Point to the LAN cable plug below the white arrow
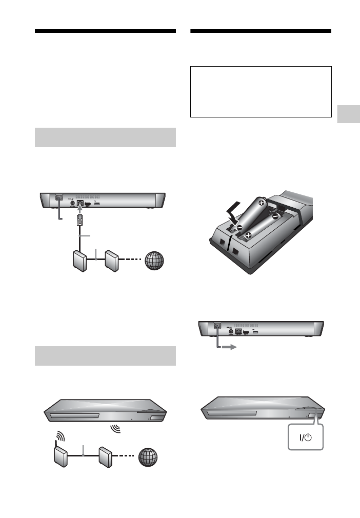point(80,221)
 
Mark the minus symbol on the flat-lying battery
point(275,216)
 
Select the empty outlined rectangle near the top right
point(261,91)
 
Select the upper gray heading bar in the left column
point(105,137)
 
